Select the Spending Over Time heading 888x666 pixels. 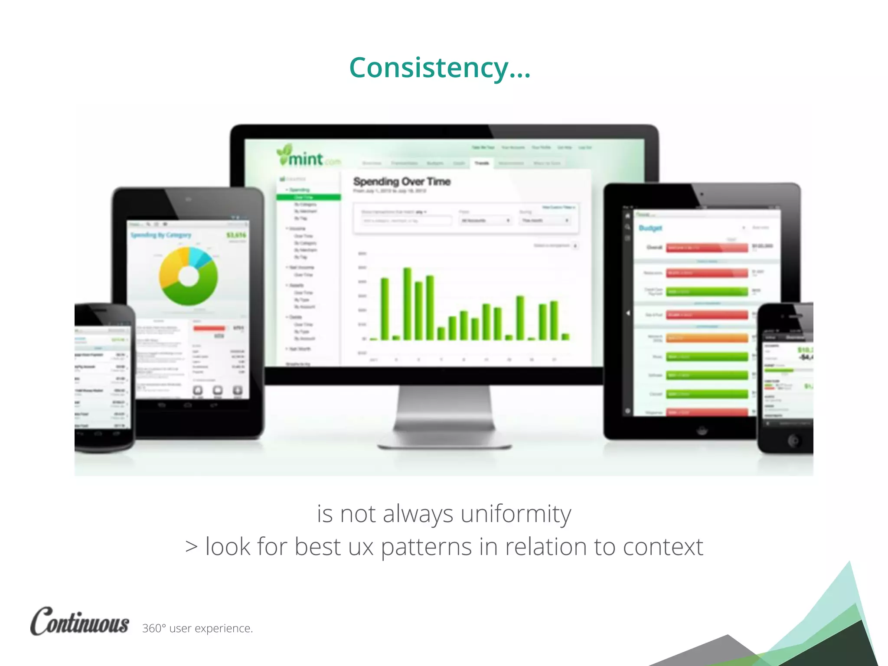(x=402, y=182)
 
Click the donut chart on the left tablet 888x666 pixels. (x=188, y=276)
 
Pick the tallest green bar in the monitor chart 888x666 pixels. (x=407, y=304)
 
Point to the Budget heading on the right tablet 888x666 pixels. (x=650, y=228)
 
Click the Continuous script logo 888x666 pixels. (x=79, y=622)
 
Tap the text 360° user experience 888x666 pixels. (x=197, y=628)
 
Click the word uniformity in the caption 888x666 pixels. (x=516, y=514)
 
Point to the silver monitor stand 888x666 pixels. (x=444, y=416)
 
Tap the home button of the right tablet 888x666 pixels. (x=702, y=430)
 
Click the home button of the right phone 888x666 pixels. (x=794, y=441)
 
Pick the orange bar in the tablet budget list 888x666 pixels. (x=707, y=338)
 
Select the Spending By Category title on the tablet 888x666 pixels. (x=161, y=235)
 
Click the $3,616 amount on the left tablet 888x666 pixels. (x=236, y=235)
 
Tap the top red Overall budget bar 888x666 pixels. (x=707, y=248)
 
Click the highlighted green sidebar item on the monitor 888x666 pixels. (x=308, y=197)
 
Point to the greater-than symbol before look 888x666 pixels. (x=191, y=547)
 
